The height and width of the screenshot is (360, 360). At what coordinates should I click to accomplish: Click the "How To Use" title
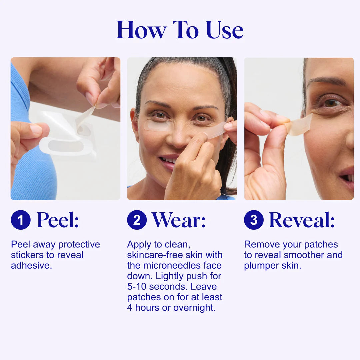[x=180, y=30]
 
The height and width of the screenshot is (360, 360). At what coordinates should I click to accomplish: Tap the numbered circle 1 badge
[x=21, y=220]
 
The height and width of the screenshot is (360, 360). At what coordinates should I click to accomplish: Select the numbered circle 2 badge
[x=137, y=220]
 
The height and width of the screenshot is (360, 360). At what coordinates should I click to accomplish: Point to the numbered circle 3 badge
[x=254, y=220]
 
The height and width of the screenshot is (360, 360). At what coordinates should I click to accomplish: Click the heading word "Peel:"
[x=58, y=220]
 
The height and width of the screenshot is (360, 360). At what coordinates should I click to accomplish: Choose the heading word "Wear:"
[x=179, y=220]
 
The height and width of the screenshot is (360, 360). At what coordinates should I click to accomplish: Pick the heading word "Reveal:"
[x=301, y=220]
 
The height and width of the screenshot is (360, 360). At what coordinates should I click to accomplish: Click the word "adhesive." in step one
[x=31, y=266]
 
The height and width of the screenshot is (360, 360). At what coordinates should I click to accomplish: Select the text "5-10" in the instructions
[x=137, y=287]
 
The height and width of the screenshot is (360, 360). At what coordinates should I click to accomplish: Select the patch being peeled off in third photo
[x=299, y=125]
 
